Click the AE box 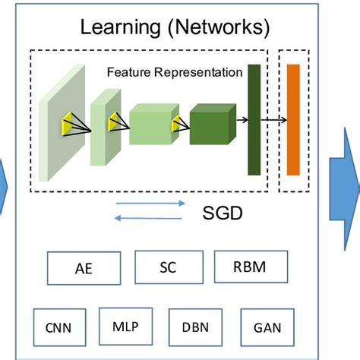[84, 268]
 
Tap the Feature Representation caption [174, 73]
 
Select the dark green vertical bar [254, 119]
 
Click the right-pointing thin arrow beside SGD [152, 204]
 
